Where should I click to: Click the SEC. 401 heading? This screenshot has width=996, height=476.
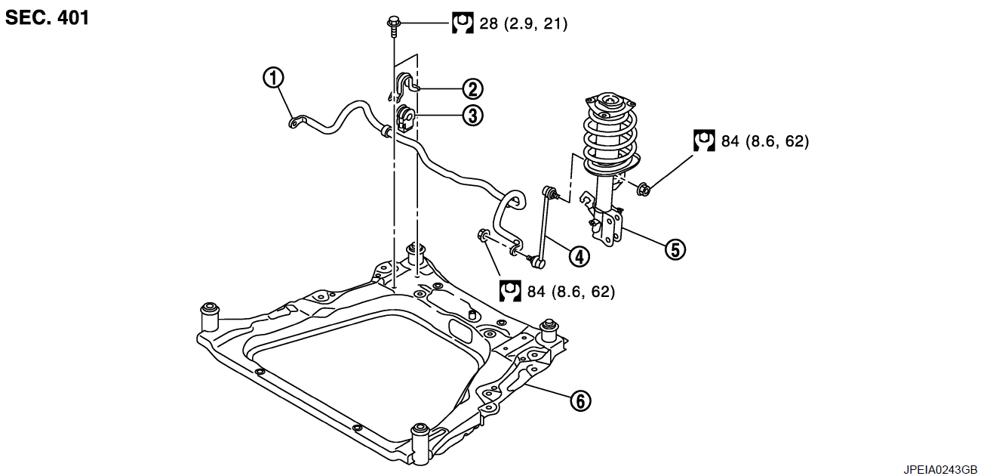pyautogui.click(x=47, y=18)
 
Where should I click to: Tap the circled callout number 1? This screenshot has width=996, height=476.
pyautogui.click(x=273, y=78)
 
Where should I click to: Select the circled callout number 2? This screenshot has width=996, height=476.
pyautogui.click(x=472, y=88)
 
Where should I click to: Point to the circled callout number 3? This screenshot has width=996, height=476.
pyautogui.click(x=472, y=116)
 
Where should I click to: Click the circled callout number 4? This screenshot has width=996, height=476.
pyautogui.click(x=579, y=256)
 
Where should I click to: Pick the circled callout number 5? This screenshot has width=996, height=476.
pyautogui.click(x=675, y=249)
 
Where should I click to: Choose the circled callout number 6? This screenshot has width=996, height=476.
pyautogui.click(x=581, y=400)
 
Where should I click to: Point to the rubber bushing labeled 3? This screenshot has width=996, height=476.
pyautogui.click(x=405, y=119)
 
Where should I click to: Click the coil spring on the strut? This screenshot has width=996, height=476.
pyautogui.click(x=611, y=138)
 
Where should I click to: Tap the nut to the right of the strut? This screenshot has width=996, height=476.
pyautogui.click(x=644, y=189)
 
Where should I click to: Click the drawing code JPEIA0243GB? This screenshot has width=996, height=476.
pyautogui.click(x=940, y=470)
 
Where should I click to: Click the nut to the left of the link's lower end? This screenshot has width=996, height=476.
pyautogui.click(x=484, y=235)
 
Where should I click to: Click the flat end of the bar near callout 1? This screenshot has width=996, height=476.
pyautogui.click(x=296, y=122)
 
